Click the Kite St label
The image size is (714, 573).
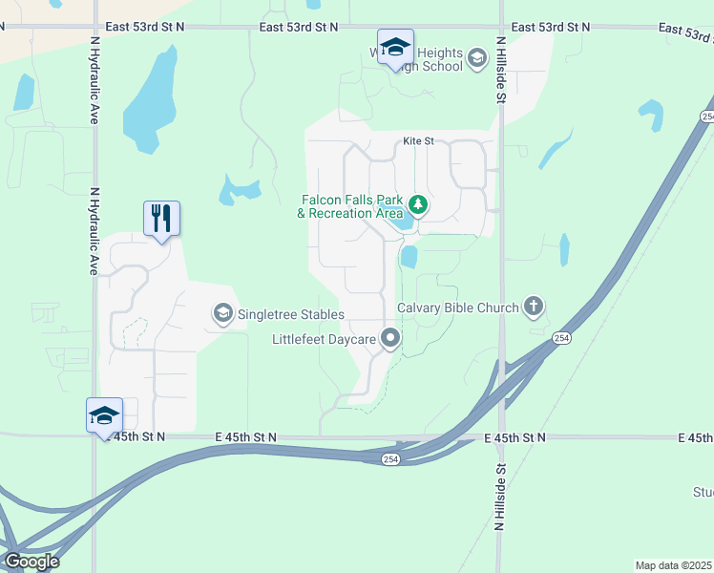tap(418, 141)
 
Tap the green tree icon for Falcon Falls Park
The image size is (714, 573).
tap(417, 204)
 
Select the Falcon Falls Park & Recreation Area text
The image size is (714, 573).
tap(348, 206)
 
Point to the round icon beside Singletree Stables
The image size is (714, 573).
tap(222, 313)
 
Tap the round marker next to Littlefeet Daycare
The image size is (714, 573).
tap(390, 338)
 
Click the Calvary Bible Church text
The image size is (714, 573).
tap(457, 308)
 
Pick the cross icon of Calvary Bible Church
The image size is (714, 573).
tap(533, 307)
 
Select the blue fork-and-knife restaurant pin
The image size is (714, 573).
tap(161, 219)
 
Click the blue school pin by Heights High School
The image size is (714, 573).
tap(395, 47)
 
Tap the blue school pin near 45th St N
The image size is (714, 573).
tap(104, 415)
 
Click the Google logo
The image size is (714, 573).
tap(31, 562)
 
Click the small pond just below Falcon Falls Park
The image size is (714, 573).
tap(409, 257)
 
